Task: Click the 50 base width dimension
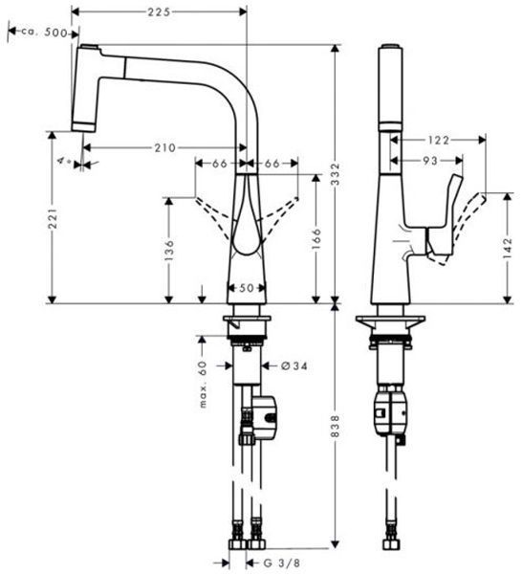tap(247, 287)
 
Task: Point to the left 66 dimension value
tap(220, 164)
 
